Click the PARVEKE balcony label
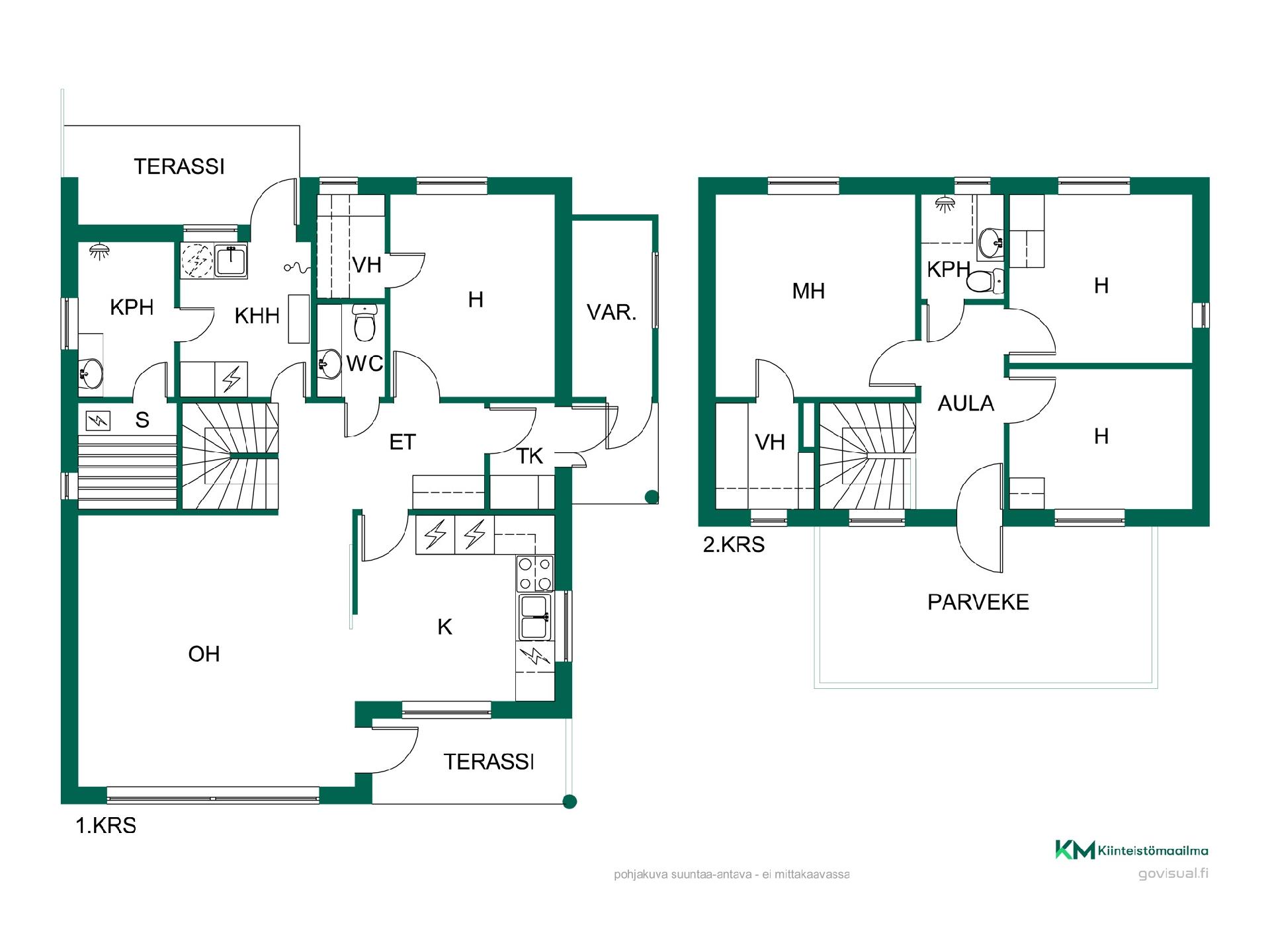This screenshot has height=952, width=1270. click(978, 602)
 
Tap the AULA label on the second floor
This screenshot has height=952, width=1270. click(966, 403)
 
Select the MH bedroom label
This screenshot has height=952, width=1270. click(808, 291)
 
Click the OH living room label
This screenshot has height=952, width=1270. click(204, 654)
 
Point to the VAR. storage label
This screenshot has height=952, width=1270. click(612, 312)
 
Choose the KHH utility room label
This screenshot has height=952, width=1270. click(257, 316)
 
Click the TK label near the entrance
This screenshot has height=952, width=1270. click(530, 456)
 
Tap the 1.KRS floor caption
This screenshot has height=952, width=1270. click(106, 826)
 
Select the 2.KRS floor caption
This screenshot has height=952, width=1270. click(734, 545)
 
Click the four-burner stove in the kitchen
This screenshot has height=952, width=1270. click(535, 574)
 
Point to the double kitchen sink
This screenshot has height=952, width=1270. click(534, 617)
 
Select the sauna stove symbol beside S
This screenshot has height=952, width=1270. click(98, 420)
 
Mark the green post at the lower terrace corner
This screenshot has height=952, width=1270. click(569, 802)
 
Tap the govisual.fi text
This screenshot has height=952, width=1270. click(1173, 873)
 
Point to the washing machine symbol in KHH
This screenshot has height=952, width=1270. click(197, 260)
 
